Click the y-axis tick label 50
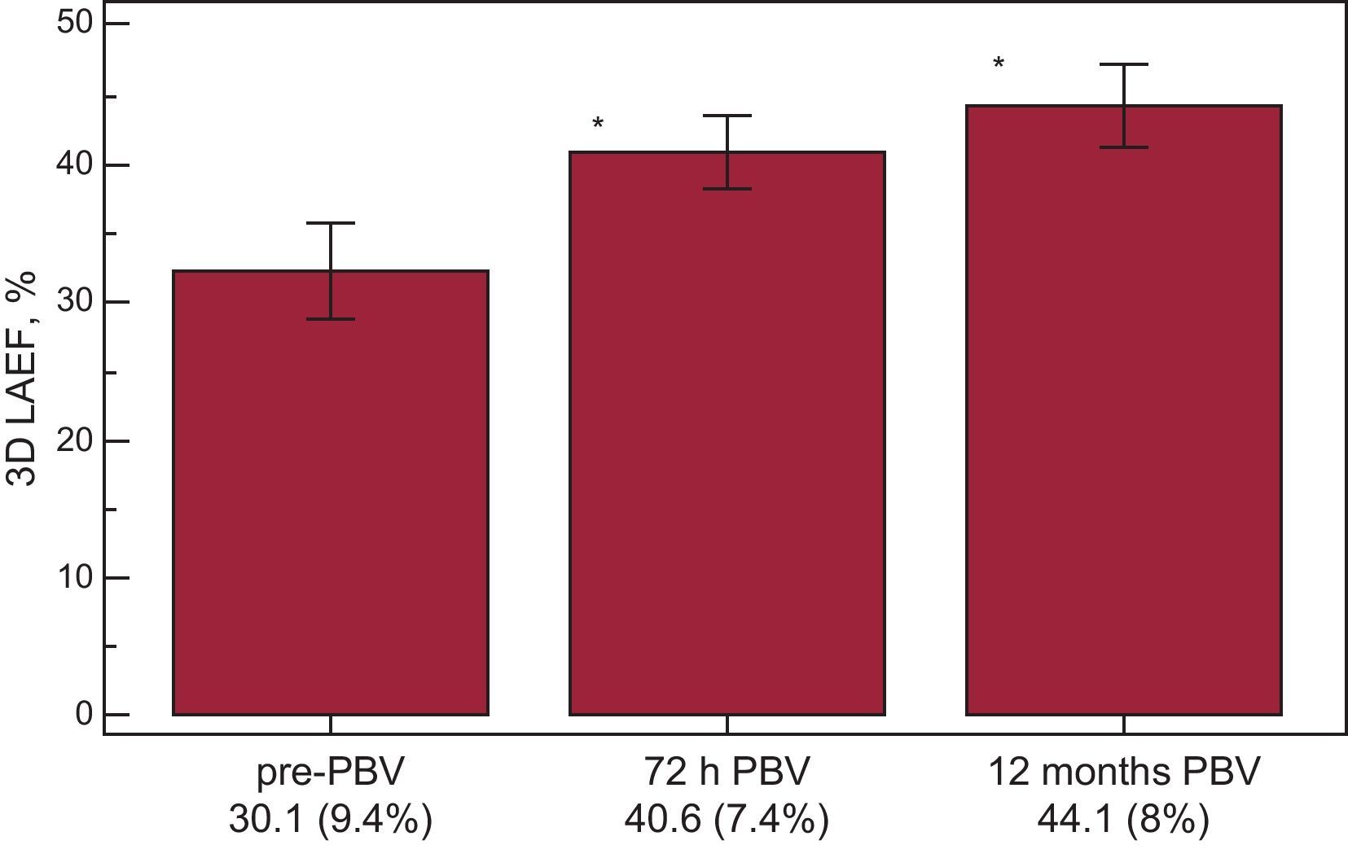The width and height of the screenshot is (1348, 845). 74,23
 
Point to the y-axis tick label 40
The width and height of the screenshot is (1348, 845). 74,165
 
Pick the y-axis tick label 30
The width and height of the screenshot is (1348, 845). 74,302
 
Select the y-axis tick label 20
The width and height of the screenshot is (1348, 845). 74,441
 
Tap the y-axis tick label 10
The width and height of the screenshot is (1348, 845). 74,578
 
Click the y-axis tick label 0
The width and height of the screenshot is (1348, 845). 84,715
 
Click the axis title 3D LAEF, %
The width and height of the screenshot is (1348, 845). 23,379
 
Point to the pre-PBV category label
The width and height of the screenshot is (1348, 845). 330,773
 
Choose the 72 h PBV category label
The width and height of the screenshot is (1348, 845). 727,773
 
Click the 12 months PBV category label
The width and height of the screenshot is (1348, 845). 1123,773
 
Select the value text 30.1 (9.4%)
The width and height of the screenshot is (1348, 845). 330,821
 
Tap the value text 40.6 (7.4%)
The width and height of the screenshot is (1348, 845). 727,821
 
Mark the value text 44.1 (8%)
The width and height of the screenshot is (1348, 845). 1123,821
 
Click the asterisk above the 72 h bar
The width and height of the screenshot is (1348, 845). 598,124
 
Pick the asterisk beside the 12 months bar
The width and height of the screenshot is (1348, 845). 998,63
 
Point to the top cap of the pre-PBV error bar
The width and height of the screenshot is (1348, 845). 330,223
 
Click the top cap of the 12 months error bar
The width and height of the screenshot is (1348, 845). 1123,64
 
